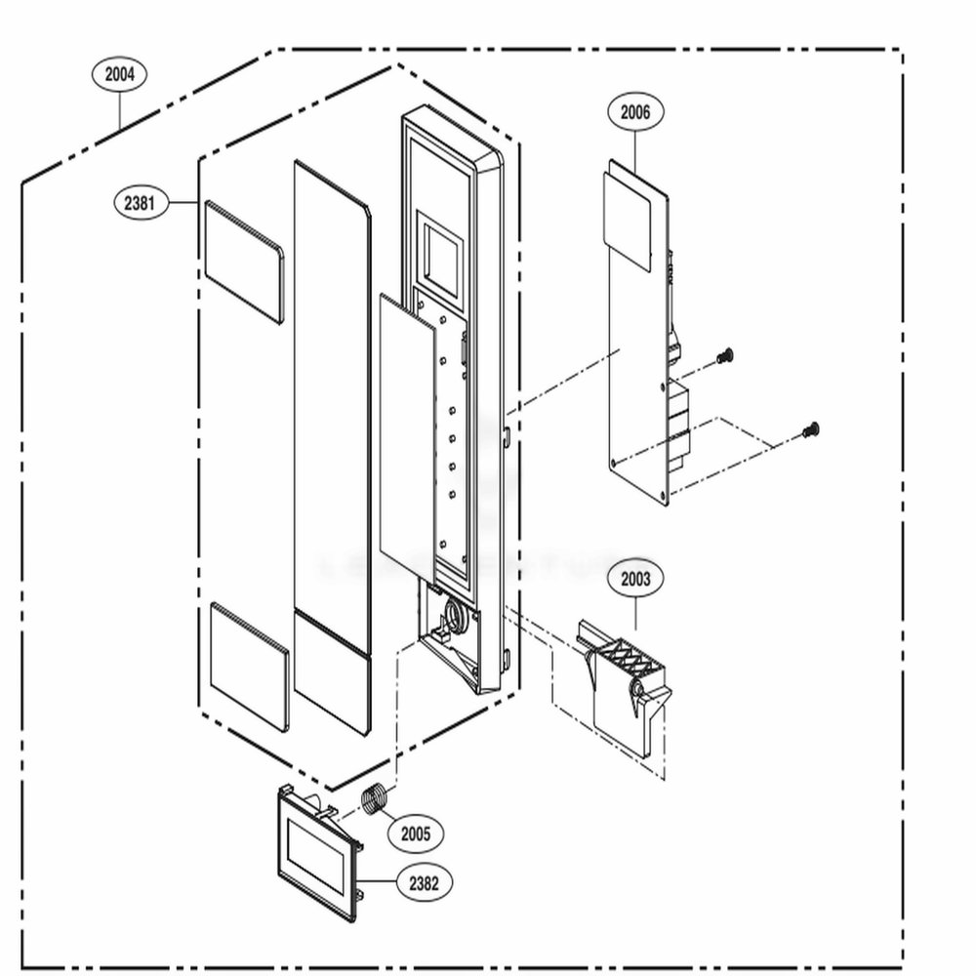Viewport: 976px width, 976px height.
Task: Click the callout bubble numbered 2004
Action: [x=119, y=74]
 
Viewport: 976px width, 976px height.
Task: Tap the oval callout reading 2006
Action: [x=634, y=112]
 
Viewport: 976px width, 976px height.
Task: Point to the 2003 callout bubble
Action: [x=634, y=579]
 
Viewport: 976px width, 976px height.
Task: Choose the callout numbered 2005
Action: [x=415, y=834]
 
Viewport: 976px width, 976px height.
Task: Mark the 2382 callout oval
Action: [x=424, y=883]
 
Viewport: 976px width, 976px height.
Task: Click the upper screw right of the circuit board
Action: [x=724, y=357]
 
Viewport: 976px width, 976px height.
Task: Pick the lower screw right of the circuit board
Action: [x=810, y=429]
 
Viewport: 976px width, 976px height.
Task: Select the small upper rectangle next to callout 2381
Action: [x=243, y=262]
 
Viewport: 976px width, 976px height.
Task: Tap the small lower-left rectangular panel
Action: [x=249, y=667]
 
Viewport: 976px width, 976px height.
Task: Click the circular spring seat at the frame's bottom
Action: [x=454, y=615]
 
